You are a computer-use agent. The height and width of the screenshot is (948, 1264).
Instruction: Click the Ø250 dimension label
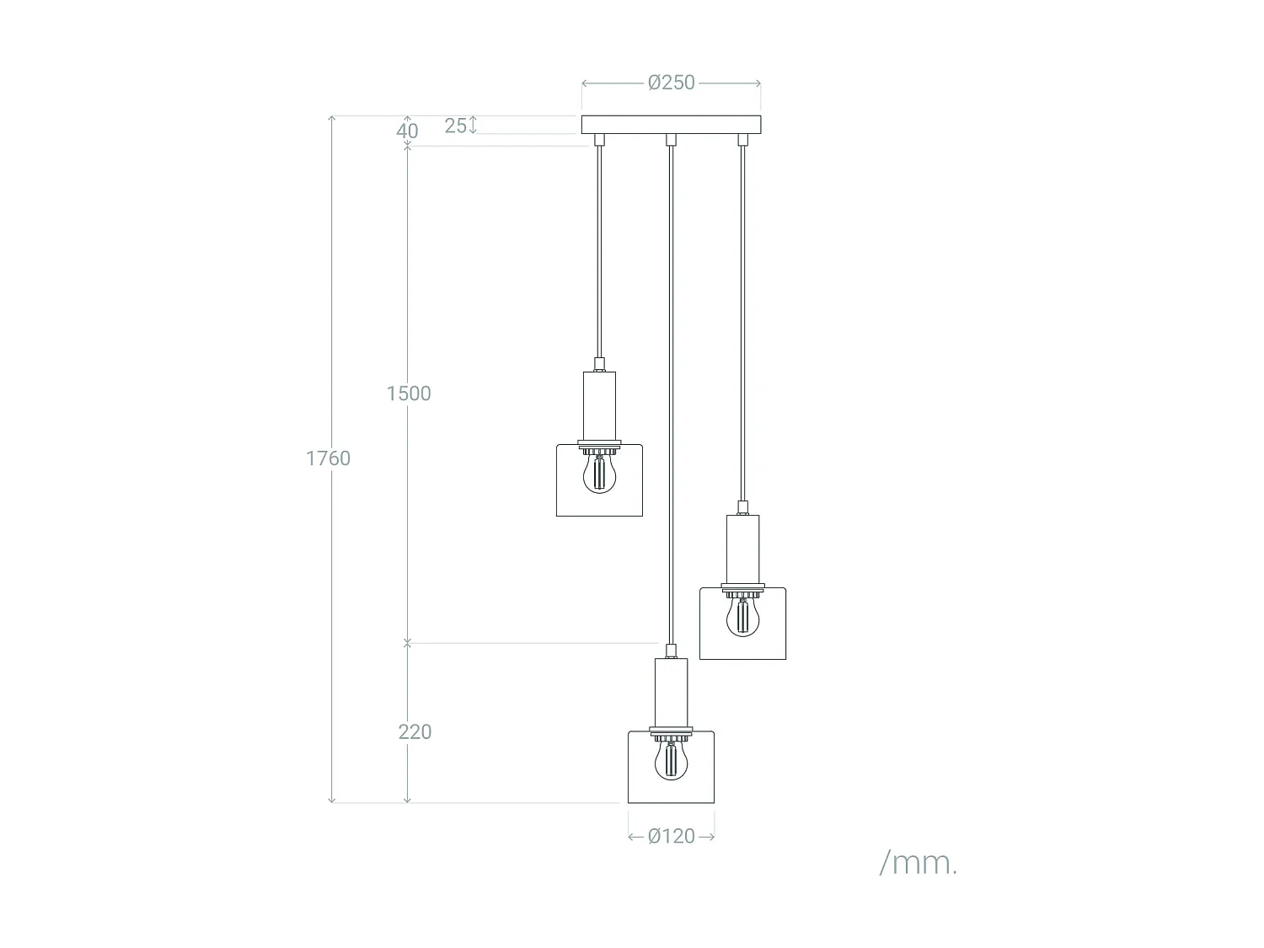pyautogui.click(x=672, y=83)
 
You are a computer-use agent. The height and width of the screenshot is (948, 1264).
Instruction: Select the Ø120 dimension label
pyautogui.click(x=672, y=836)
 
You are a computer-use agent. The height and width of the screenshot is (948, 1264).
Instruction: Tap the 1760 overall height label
pyautogui.click(x=328, y=458)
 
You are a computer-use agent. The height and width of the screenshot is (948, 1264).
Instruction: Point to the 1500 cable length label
pyautogui.click(x=409, y=394)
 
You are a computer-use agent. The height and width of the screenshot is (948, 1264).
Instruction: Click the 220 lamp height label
pyautogui.click(x=415, y=731)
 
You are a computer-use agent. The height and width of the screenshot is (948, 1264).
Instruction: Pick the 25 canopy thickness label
pyautogui.click(x=455, y=126)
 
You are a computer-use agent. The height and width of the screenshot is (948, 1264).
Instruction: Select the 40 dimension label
pyautogui.click(x=407, y=131)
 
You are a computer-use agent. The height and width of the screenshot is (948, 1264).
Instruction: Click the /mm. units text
pyautogui.click(x=918, y=863)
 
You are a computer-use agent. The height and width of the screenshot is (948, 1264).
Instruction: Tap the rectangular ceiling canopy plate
pyautogui.click(x=671, y=125)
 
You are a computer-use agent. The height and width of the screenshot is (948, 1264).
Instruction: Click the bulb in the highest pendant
pyautogui.click(x=599, y=473)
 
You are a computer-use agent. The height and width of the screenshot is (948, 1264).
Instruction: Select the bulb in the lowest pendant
pyautogui.click(x=671, y=758)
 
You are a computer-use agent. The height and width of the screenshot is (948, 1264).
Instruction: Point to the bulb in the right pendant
pyautogui.click(x=742, y=616)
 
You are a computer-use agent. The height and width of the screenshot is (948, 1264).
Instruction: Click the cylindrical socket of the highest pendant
pyautogui.click(x=599, y=405)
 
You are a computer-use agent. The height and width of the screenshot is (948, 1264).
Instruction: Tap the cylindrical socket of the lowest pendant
pyautogui.click(x=671, y=691)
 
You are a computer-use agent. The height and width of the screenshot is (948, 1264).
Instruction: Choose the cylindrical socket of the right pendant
pyautogui.click(x=742, y=549)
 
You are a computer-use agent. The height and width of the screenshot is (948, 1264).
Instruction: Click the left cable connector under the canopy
pyautogui.click(x=599, y=140)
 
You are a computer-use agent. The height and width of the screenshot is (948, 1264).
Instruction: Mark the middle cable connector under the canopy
pyautogui.click(x=671, y=140)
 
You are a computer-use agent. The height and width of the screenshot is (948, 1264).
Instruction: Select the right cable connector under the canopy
pyautogui.click(x=742, y=140)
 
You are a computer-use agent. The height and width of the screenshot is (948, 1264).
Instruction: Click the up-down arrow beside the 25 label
pyautogui.click(x=474, y=125)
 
